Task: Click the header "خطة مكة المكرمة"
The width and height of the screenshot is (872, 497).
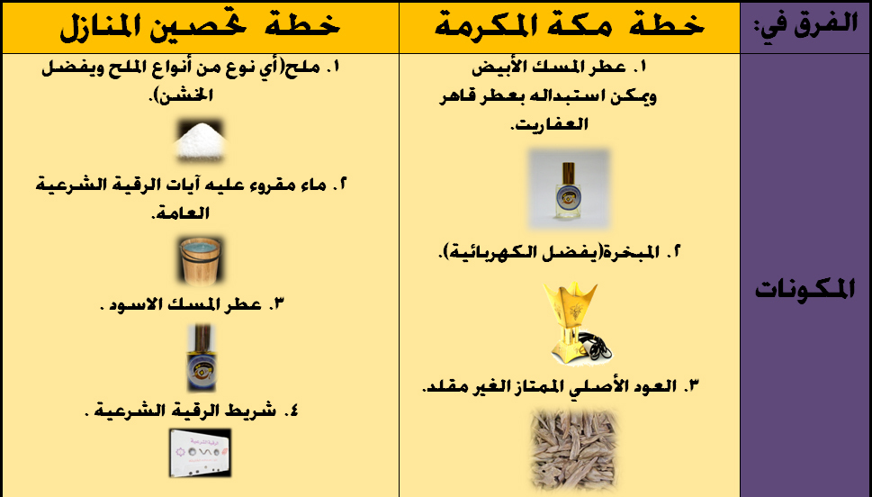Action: (x=569, y=26)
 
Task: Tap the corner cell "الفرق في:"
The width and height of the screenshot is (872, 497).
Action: (x=804, y=26)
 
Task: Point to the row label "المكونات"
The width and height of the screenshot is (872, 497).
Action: (x=804, y=290)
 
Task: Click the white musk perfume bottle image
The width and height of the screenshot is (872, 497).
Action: (x=568, y=188)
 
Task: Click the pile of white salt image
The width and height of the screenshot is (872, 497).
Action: (x=200, y=140)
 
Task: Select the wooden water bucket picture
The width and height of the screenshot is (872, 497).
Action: (x=200, y=259)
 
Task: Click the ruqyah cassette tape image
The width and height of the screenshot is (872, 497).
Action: (x=200, y=452)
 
